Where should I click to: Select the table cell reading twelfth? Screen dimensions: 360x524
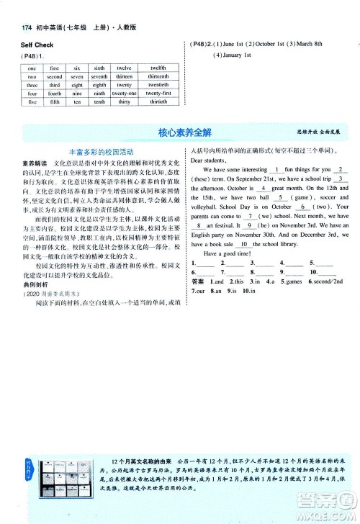click(158, 67)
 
